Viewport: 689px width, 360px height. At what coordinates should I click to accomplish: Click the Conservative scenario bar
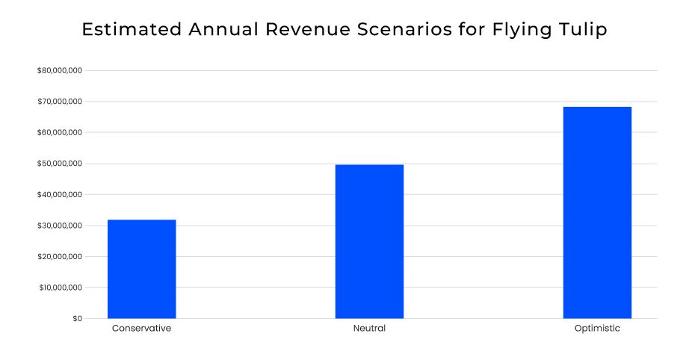tap(142, 269)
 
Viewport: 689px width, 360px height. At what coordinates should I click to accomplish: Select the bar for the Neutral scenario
tap(369, 241)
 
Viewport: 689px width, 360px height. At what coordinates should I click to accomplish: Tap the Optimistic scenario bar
tap(597, 213)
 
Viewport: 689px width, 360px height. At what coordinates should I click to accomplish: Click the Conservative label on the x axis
tap(142, 329)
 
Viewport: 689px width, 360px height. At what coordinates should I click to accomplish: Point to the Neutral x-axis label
tap(369, 329)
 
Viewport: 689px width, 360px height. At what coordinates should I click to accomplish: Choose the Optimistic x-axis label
tap(597, 329)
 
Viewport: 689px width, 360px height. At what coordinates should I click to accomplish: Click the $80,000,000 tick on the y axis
tap(59, 70)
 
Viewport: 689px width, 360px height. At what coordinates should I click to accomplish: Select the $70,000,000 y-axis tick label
tap(59, 102)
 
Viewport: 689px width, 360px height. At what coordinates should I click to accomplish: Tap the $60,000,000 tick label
tap(59, 132)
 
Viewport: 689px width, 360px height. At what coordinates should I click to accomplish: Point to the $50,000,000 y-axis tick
tap(59, 164)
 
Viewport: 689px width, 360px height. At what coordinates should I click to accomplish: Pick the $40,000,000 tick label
tap(59, 194)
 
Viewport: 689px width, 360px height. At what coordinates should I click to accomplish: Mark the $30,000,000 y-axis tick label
tap(59, 226)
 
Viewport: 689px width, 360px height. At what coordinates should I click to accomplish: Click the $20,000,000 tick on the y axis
tap(59, 256)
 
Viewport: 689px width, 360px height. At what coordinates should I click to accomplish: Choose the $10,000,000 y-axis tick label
tap(59, 288)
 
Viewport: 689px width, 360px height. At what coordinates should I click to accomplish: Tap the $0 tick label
tap(77, 319)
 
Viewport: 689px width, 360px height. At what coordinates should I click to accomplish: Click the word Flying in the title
tap(522, 30)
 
